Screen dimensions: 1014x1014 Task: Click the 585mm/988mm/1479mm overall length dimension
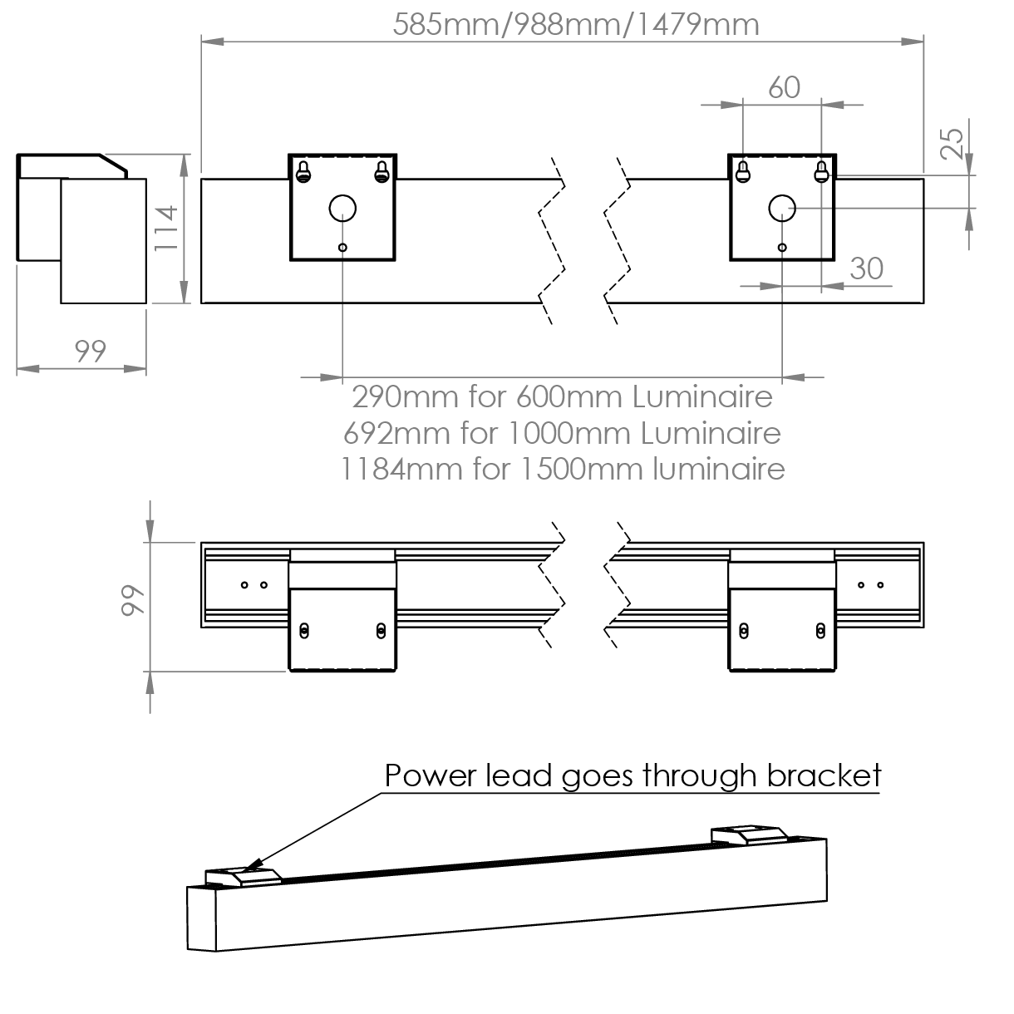point(576,24)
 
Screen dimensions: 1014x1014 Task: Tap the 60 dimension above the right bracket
point(784,86)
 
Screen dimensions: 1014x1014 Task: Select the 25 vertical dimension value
point(953,142)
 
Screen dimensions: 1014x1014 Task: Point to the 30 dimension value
point(867,268)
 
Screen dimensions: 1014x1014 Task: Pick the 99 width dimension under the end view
point(91,351)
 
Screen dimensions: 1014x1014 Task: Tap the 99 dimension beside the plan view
point(132,601)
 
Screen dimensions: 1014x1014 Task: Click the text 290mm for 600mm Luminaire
point(562,396)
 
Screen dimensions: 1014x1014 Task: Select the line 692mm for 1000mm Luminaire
point(562,432)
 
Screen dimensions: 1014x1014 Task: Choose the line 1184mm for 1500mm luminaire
point(563,469)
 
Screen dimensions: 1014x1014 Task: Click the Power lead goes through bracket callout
point(632,775)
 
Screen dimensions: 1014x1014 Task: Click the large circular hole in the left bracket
point(342,207)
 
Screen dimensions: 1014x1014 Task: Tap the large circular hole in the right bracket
point(782,207)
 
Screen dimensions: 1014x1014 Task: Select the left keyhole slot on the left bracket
point(303,172)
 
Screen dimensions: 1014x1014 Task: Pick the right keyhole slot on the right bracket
point(821,172)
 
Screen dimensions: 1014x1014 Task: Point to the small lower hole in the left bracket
point(342,247)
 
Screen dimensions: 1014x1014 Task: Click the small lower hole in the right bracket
point(782,247)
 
